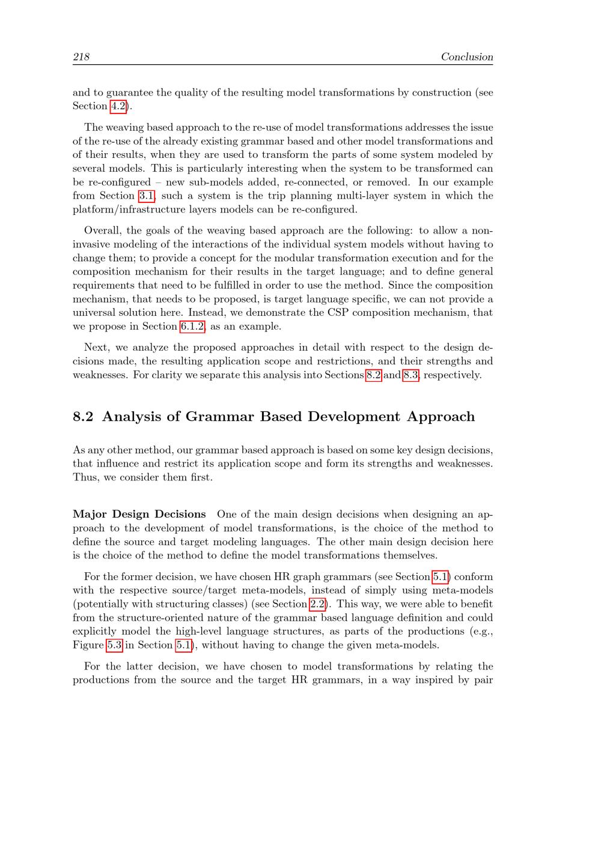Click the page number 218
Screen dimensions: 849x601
point(81,57)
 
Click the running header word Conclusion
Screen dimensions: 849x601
point(466,57)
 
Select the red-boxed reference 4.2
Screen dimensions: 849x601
point(118,106)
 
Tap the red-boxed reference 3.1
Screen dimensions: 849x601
point(147,196)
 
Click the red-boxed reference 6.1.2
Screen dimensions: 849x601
point(192,327)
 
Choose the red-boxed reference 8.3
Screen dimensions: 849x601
point(410,375)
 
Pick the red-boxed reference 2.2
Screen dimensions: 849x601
point(317,604)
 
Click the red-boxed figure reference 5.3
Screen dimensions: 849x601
point(114,645)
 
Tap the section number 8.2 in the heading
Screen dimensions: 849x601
point(83,417)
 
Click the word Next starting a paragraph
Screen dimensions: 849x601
point(96,348)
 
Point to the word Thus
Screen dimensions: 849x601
point(85,477)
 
